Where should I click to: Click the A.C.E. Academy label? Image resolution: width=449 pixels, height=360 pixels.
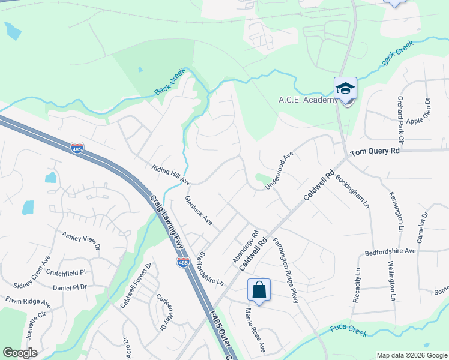tap(307, 100)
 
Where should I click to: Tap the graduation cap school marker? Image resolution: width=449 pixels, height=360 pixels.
tap(345, 89)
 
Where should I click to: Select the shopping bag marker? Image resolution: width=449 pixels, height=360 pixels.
tap(259, 290)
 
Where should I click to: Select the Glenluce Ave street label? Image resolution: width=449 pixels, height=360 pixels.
tap(199, 211)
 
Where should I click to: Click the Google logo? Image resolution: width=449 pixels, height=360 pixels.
tap(20, 353)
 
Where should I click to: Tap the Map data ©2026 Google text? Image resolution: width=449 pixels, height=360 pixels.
tap(411, 355)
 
